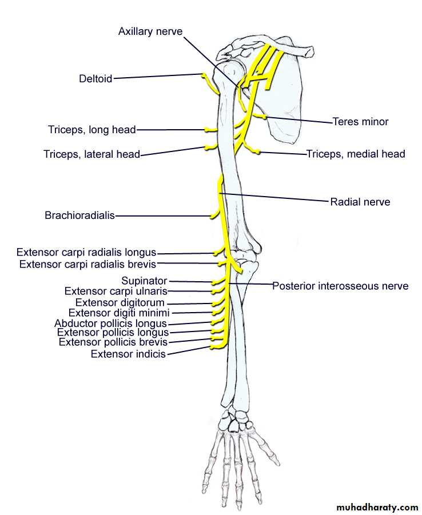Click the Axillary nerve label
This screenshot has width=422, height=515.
[150, 31]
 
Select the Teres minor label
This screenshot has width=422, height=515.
[360, 122]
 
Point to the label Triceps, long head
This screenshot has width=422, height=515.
[92, 130]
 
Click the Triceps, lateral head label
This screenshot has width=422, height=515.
[91, 154]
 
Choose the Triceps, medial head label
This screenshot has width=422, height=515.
[356, 154]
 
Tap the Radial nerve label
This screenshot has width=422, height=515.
[360, 202]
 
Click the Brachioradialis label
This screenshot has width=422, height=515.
[79, 215]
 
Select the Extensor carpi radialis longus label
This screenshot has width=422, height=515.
[86, 252]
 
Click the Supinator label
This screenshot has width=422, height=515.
[144, 281]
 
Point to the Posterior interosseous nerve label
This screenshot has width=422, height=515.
[340, 286]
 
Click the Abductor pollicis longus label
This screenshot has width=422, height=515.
[110, 324]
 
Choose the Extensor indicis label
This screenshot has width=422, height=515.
[128, 354]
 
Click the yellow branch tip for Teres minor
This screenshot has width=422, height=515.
[264, 117]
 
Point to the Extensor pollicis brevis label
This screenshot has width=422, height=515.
[113, 342]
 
